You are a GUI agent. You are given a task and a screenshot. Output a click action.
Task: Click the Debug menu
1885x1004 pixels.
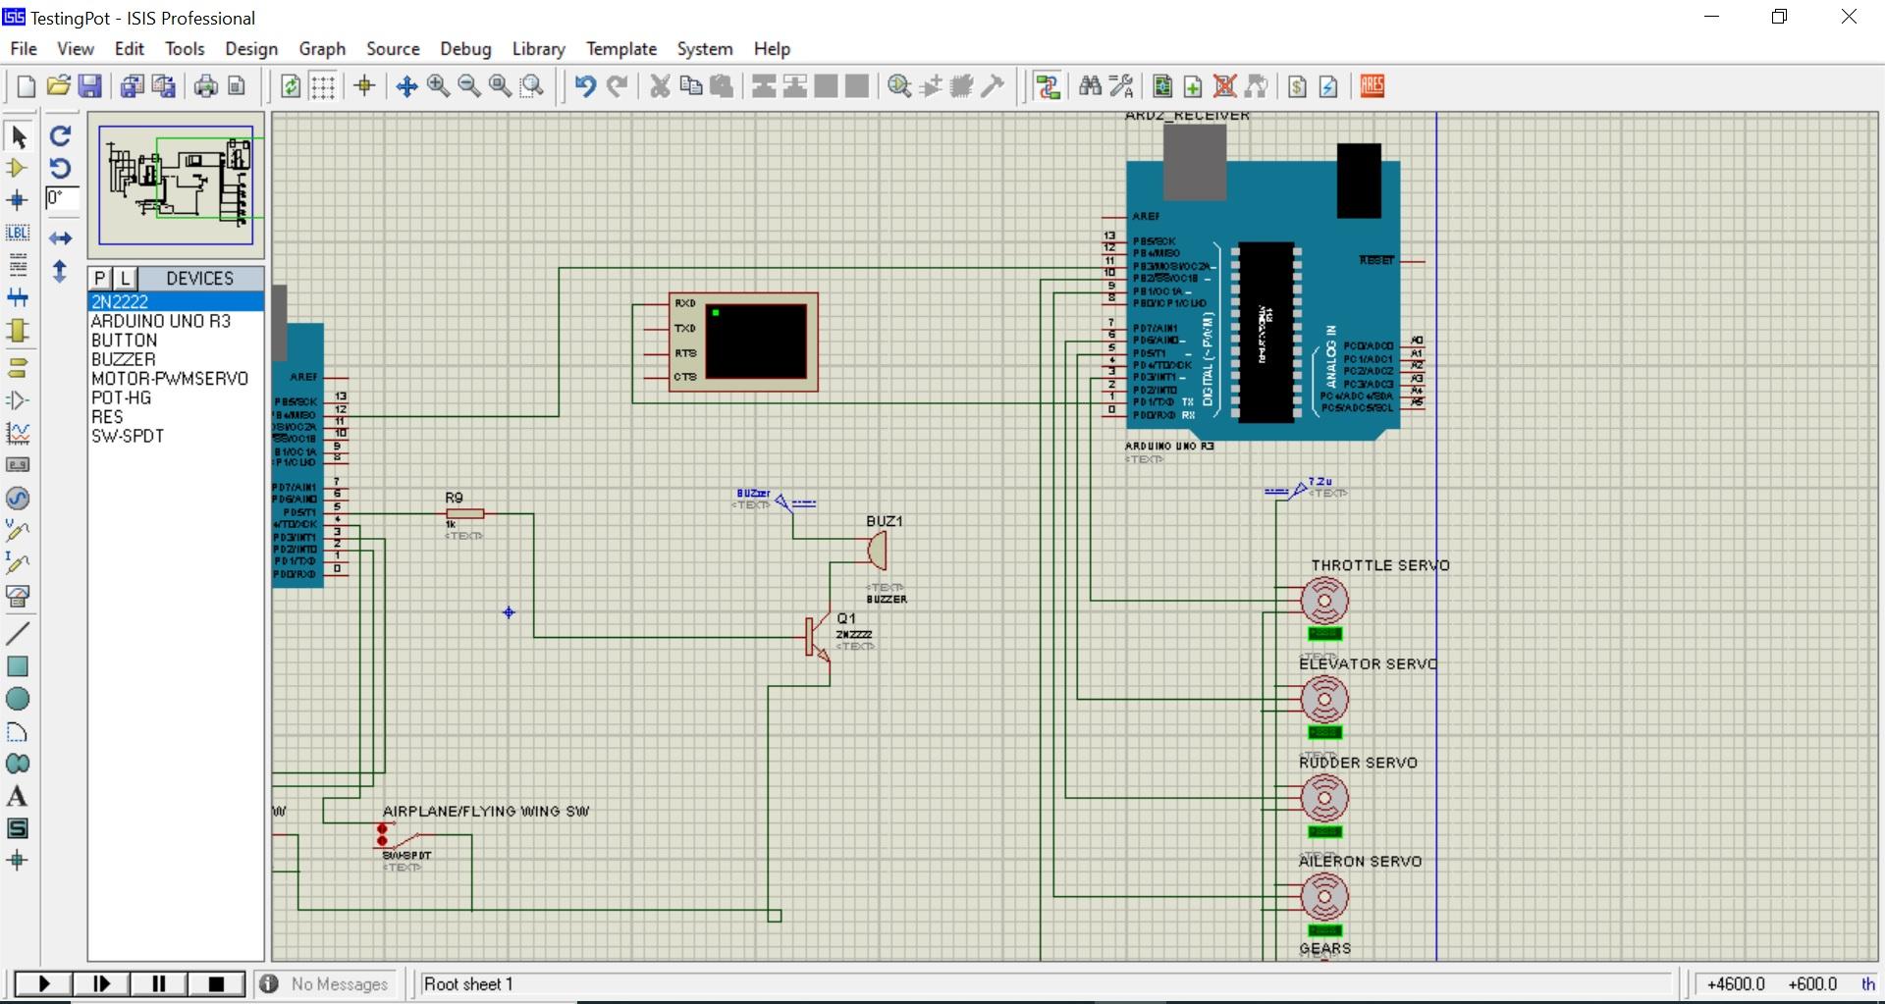(465, 49)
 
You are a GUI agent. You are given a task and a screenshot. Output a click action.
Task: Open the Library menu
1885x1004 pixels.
(538, 49)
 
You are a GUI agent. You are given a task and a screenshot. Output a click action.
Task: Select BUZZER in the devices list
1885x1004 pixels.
(123, 359)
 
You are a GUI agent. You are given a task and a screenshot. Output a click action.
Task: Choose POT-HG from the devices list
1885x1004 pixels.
(121, 397)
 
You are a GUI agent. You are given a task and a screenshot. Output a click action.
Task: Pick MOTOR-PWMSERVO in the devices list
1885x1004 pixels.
(169, 379)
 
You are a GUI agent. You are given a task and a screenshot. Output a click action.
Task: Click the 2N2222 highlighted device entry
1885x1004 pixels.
(120, 302)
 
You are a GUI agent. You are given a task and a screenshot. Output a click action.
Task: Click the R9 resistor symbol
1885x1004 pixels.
(464, 513)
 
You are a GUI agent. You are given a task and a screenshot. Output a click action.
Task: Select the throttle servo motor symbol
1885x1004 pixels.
(1324, 601)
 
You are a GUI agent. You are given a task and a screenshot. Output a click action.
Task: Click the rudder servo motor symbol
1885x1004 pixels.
(1324, 798)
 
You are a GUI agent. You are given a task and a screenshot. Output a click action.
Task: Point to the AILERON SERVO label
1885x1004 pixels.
(1360, 862)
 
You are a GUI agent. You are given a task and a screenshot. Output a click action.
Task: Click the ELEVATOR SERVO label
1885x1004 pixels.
(1368, 664)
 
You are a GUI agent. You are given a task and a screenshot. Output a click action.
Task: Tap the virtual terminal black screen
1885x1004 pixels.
(755, 341)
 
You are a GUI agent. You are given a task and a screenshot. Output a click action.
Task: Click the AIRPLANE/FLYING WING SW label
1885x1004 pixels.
(486, 812)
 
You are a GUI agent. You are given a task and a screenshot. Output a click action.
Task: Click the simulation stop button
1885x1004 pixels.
(216, 983)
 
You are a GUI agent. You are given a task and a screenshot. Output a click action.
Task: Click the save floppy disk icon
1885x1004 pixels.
(90, 86)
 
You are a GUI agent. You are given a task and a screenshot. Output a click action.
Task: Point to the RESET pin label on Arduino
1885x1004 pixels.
(1376, 260)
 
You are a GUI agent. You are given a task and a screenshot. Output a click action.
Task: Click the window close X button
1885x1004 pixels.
(1848, 18)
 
